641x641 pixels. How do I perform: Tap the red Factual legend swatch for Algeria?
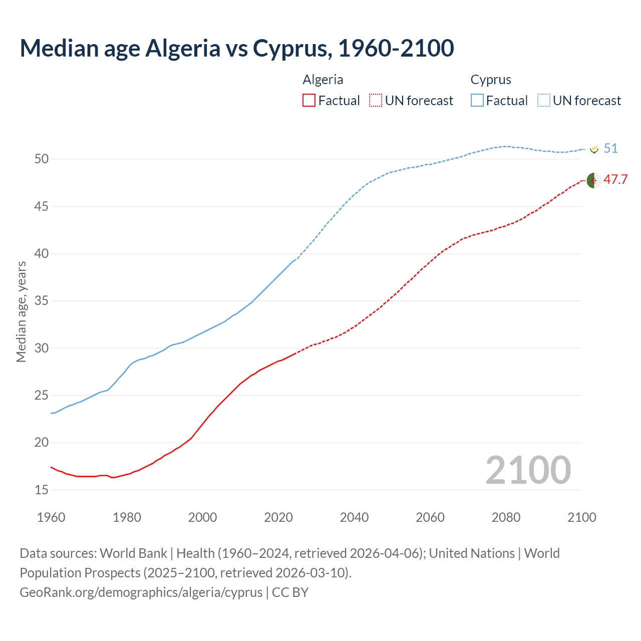(x=309, y=101)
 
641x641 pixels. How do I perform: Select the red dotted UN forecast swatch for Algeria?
(x=375, y=101)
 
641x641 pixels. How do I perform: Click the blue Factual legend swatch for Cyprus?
(x=477, y=101)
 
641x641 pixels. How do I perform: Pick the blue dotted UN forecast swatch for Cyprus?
(x=543, y=101)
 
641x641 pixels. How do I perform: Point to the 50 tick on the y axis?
(x=42, y=159)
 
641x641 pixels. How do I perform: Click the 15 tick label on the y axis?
(x=42, y=490)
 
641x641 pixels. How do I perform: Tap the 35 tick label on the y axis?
(x=42, y=301)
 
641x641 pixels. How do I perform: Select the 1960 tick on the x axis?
(x=51, y=517)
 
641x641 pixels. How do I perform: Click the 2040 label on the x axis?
(x=354, y=517)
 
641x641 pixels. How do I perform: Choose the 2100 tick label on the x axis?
(x=581, y=517)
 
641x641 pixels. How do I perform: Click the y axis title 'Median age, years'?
(x=21, y=311)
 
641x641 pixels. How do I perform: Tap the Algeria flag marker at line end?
(x=594, y=180)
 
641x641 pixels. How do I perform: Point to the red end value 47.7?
(x=615, y=180)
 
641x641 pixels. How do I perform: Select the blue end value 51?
(x=610, y=149)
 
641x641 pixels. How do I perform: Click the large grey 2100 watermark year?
(x=528, y=470)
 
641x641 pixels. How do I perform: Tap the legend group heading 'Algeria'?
(x=323, y=80)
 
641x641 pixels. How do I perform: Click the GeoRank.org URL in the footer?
(x=141, y=592)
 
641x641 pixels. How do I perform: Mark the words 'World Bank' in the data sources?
(x=133, y=553)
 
